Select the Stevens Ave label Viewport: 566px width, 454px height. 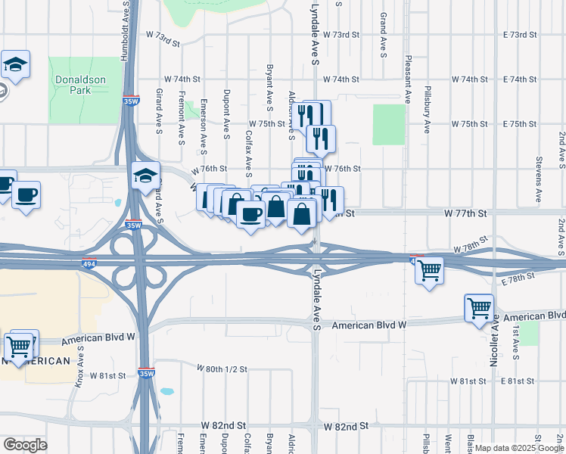538,180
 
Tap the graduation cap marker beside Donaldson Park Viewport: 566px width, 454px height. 15,66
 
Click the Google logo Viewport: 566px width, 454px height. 24,445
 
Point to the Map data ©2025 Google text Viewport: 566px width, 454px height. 519,448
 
